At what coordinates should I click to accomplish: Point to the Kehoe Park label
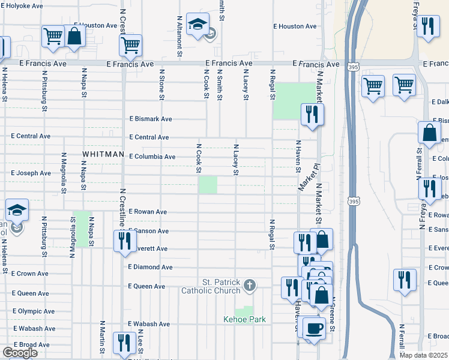click(244, 320)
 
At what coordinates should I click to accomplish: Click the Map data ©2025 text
click(423, 355)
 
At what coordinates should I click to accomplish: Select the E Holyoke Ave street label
click(22, 5)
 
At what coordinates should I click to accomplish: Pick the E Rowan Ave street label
click(147, 212)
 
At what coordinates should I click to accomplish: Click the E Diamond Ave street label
click(150, 267)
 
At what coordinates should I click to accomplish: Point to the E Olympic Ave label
click(33, 311)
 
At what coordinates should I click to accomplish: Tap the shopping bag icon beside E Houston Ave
click(75, 35)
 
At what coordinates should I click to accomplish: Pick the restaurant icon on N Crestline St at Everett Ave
click(124, 241)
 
